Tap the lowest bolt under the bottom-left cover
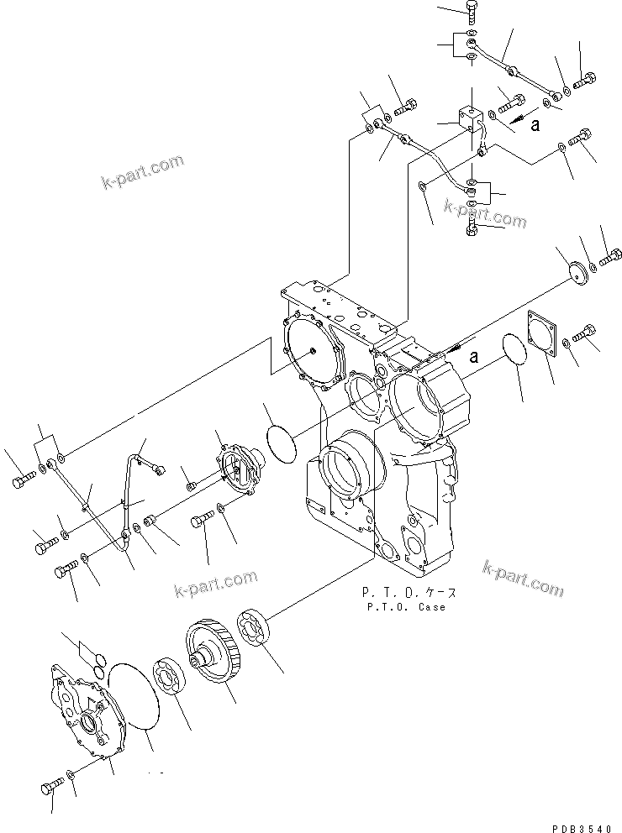(x=50, y=788)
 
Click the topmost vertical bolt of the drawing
(x=471, y=11)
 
